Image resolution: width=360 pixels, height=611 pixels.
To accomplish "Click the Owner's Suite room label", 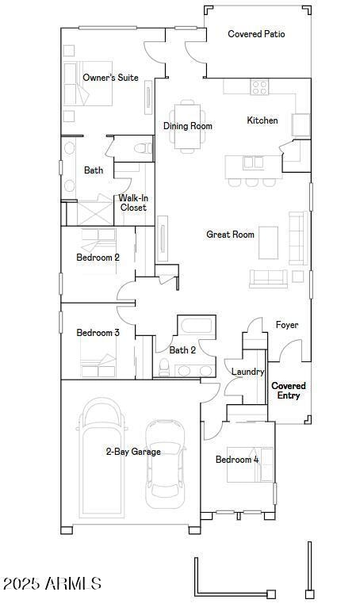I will [x=110, y=78].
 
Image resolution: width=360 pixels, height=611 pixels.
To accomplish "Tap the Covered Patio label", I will [x=256, y=34].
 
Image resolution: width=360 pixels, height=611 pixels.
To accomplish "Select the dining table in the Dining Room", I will [x=188, y=124].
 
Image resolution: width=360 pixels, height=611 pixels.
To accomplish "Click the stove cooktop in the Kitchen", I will [x=260, y=87].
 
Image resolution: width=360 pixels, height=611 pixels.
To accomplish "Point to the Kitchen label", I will [x=262, y=120].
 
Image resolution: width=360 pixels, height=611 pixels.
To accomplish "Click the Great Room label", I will [x=230, y=235].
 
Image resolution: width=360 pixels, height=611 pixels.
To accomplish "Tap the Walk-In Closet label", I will [x=133, y=203].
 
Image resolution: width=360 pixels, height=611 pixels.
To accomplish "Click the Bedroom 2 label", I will [x=98, y=258].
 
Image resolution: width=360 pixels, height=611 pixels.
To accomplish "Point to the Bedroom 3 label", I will [x=98, y=333].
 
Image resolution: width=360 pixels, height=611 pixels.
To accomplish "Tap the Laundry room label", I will [x=247, y=372].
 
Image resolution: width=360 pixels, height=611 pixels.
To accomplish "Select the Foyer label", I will [x=286, y=325].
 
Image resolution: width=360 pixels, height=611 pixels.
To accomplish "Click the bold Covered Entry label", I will [x=289, y=391].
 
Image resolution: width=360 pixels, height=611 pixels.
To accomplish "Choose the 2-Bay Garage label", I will [x=133, y=452].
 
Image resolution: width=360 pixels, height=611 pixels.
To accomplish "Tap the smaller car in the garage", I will [x=164, y=464].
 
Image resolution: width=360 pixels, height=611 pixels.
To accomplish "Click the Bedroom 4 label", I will [x=237, y=460].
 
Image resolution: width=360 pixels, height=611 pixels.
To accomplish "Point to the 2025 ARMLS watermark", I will [x=52, y=584].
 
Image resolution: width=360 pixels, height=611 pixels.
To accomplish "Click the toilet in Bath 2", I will [x=165, y=367].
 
